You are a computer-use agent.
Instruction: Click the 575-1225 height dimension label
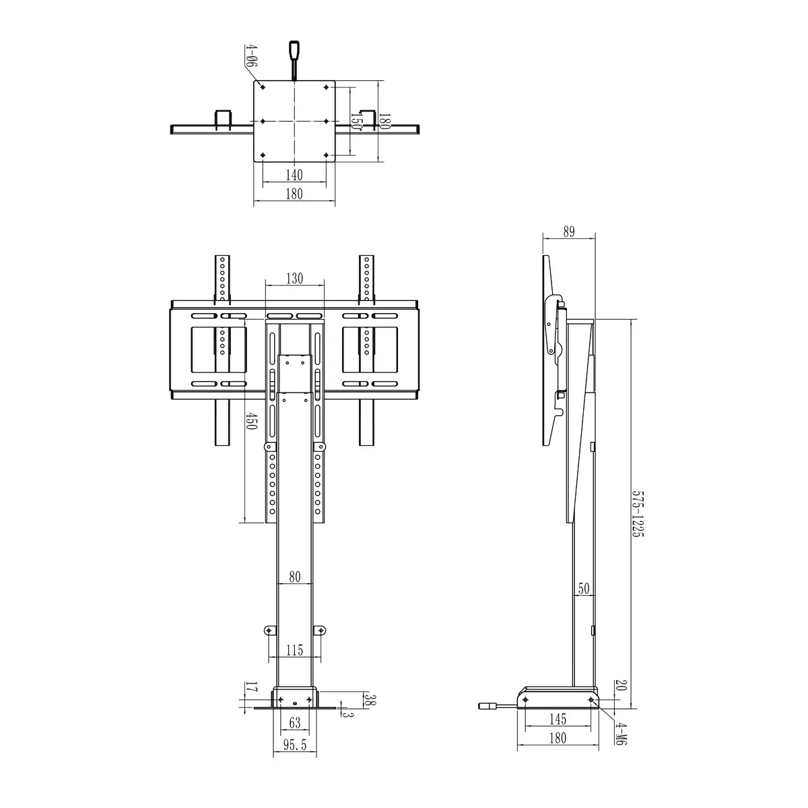click(638, 514)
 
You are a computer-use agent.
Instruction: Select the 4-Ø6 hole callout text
click(251, 56)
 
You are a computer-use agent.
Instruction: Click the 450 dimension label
click(250, 421)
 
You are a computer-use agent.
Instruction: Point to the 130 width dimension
click(294, 278)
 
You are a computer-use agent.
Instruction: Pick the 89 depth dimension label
click(568, 232)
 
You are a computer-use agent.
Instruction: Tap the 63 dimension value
click(295, 722)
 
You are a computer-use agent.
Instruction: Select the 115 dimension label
click(294, 650)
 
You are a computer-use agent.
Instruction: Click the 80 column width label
click(295, 577)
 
